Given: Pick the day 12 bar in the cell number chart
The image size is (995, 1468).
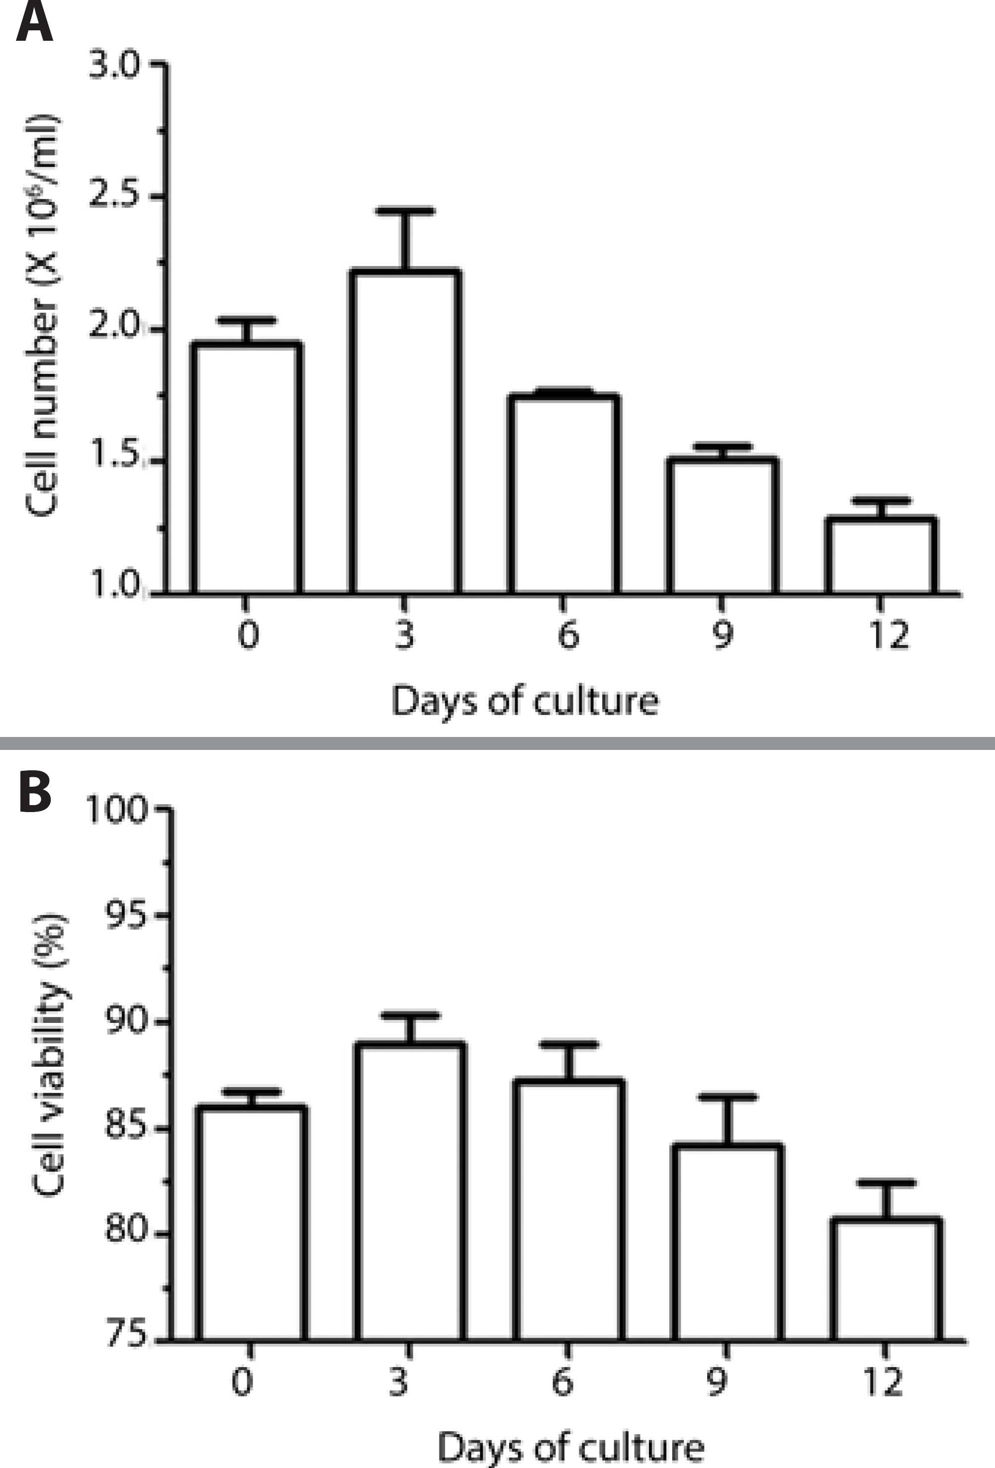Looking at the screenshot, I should pyautogui.click(x=882, y=555).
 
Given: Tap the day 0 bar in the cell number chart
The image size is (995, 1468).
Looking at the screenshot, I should pyautogui.click(x=246, y=467).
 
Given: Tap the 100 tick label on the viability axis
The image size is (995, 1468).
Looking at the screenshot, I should pyautogui.click(x=117, y=810).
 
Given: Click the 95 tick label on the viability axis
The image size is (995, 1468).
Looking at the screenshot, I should pyautogui.click(x=126, y=916).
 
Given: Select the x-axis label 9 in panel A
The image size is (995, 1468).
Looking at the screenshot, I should pyautogui.click(x=723, y=634).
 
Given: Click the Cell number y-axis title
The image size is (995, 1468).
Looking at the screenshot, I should pyautogui.click(x=43, y=315).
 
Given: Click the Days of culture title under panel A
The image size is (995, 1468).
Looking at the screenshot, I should pyautogui.click(x=524, y=701).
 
